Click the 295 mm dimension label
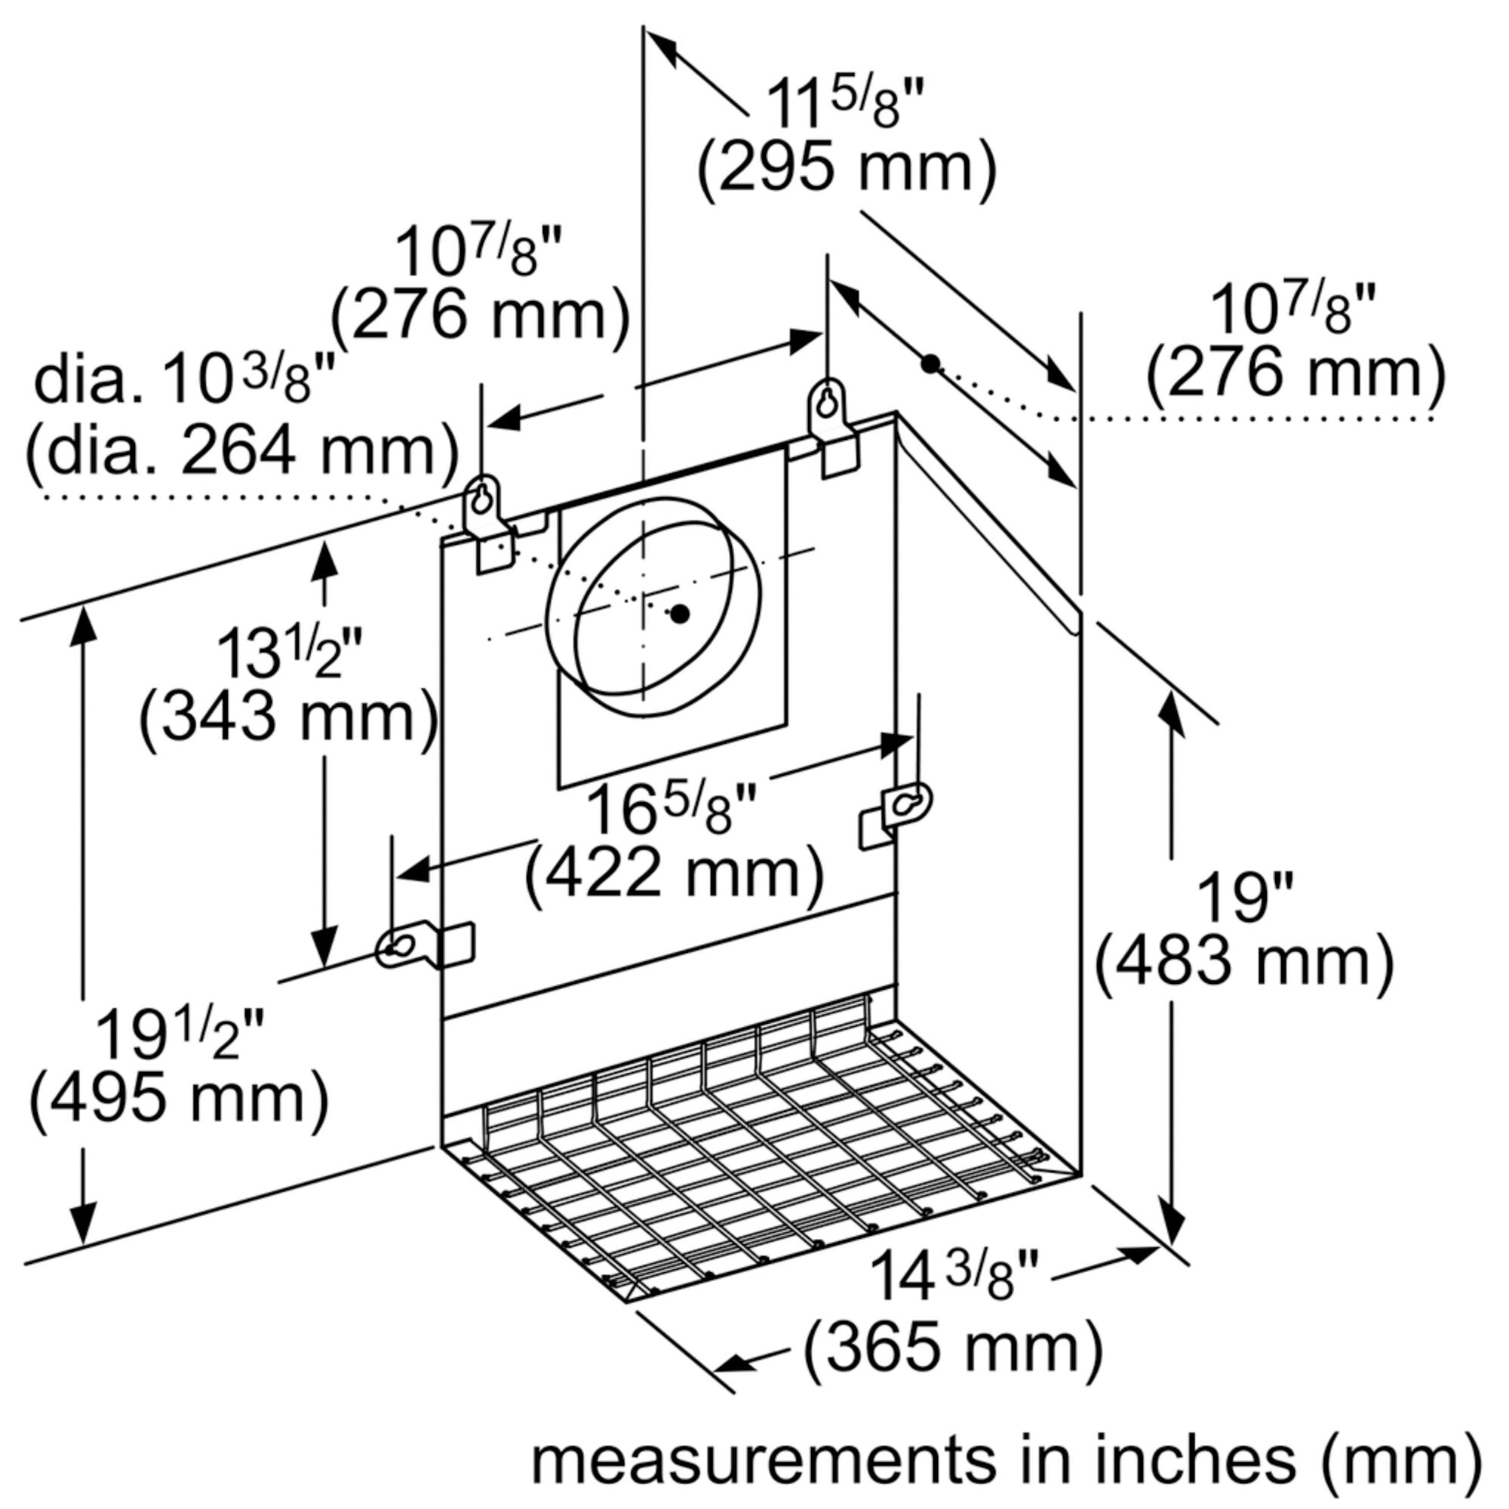847,168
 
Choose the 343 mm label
288,717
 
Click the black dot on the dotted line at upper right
930,363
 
